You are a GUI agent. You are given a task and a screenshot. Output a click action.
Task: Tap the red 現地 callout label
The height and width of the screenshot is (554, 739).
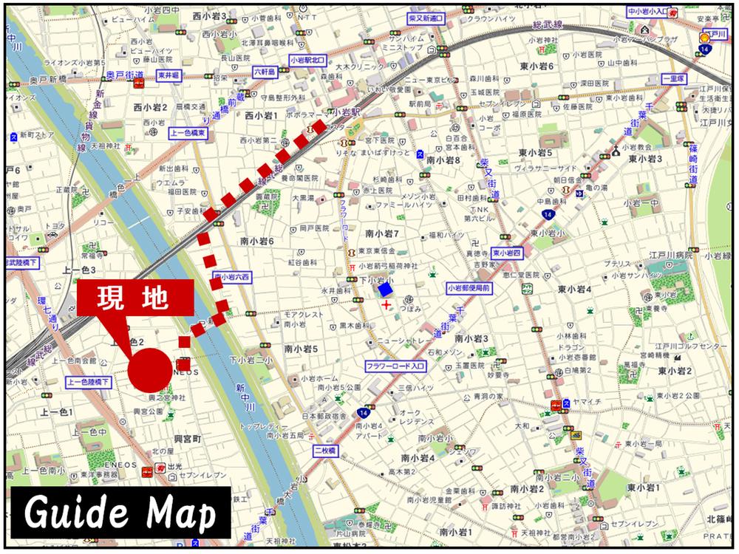pyautogui.click(x=135, y=299)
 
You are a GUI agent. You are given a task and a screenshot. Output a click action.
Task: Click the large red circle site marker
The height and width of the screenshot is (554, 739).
pyautogui.click(x=149, y=370)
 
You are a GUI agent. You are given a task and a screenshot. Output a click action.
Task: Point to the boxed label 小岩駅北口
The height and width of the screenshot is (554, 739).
pyautogui.click(x=307, y=61)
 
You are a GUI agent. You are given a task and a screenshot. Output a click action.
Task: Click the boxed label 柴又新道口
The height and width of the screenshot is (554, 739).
pyautogui.click(x=426, y=18)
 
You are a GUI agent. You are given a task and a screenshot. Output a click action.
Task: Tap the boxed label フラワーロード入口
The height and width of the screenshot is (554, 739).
pyautogui.click(x=396, y=366)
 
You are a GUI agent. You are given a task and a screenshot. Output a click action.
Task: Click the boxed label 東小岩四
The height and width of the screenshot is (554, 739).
pyautogui.click(x=508, y=252)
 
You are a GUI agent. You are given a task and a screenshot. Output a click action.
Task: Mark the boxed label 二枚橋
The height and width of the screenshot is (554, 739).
pyautogui.click(x=324, y=450)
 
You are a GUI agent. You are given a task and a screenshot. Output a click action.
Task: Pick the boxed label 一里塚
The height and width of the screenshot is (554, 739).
pyautogui.click(x=675, y=78)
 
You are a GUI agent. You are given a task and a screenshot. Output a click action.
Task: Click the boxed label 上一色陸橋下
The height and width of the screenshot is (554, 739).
pyautogui.click(x=89, y=382)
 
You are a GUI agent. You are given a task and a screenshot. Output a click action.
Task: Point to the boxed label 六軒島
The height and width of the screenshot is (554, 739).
pyautogui.click(x=264, y=72)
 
